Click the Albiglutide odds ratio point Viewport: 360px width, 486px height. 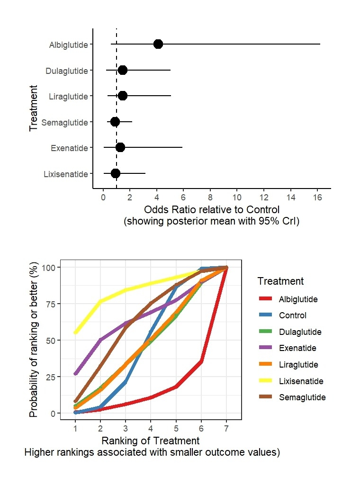tap(158, 44)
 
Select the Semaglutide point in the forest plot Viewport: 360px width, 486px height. tap(115, 122)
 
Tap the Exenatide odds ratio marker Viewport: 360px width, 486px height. tap(120, 147)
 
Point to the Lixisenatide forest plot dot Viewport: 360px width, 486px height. tap(116, 173)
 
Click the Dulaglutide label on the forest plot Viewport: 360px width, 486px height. tap(67, 71)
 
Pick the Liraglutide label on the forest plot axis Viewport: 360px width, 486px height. tap(68, 97)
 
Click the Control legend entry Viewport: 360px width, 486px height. tap(293, 315)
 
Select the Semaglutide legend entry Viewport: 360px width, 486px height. tap(302, 397)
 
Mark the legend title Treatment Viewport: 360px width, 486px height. tap(280, 281)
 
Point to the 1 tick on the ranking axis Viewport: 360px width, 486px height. tap(75, 429)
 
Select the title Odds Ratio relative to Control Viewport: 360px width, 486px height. tap(212, 210)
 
